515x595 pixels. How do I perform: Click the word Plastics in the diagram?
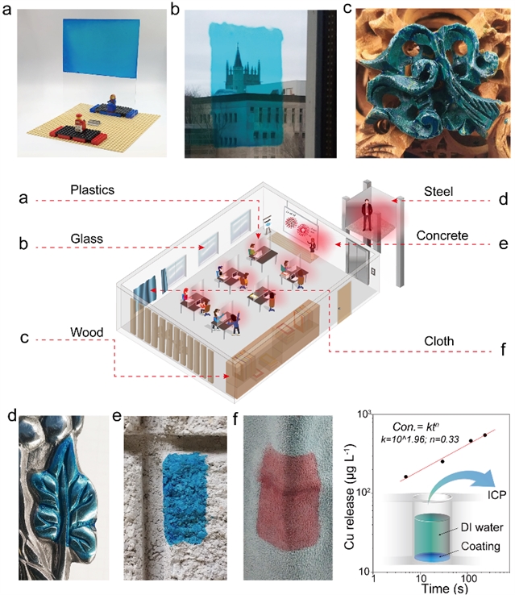pos(92,189)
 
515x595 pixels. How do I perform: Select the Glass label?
pos(87,239)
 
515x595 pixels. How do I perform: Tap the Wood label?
pos(87,332)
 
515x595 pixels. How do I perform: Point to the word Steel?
pos(438,192)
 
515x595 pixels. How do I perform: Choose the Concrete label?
pos(442,235)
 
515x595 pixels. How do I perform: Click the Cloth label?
pos(438,341)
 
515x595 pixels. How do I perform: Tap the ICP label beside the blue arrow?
pos(496,494)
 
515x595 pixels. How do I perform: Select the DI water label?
pos(482,527)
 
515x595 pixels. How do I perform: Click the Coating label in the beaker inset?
pos(480,547)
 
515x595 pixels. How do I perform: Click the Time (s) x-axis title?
pos(444,589)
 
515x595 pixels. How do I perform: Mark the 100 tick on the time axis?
pos(469,579)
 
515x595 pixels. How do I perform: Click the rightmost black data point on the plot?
pos(484,435)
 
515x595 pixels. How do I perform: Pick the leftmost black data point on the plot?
pos(405,476)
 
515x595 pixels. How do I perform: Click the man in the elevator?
pos(367,214)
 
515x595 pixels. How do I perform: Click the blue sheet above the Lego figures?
pos(102,48)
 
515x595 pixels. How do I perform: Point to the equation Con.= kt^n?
pos(417,426)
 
